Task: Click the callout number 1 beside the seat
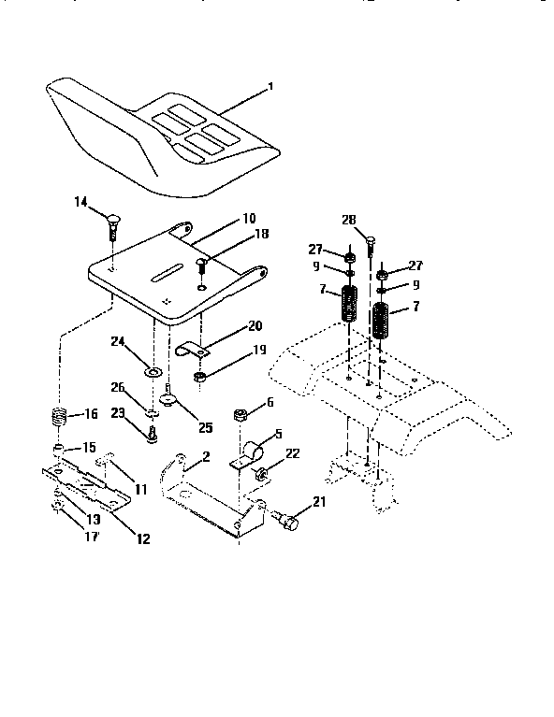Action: [x=270, y=88]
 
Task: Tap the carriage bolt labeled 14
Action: [x=112, y=224]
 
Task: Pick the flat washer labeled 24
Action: [x=150, y=373]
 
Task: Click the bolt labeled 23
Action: [x=150, y=432]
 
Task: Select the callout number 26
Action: [x=117, y=386]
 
